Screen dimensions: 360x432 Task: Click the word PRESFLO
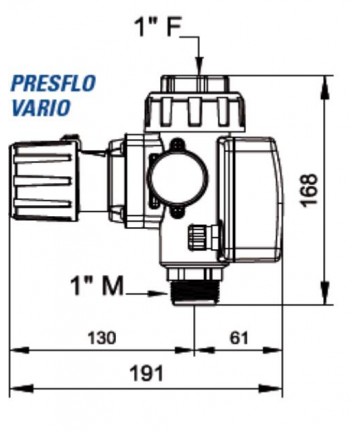(53, 83)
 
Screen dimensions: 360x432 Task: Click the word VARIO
(41, 107)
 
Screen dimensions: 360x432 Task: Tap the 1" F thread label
(158, 26)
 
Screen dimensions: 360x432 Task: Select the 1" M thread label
(97, 286)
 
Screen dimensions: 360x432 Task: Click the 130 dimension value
(102, 338)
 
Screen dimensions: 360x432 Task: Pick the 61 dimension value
(239, 338)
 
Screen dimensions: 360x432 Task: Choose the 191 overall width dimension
(147, 373)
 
